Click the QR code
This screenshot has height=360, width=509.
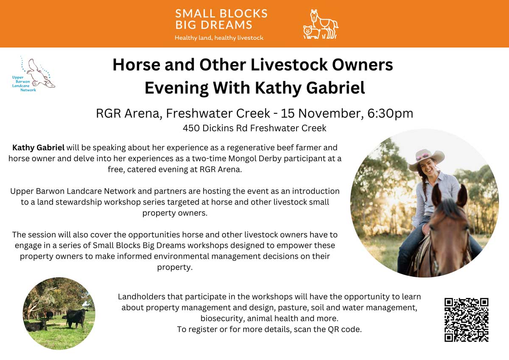467,320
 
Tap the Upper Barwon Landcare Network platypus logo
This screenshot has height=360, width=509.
34,74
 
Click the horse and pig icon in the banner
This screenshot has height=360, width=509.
321,24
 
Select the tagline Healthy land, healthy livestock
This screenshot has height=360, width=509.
219,38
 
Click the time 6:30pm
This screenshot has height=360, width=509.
390,113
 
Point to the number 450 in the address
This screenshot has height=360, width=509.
191,128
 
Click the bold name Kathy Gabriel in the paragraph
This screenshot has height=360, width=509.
39,148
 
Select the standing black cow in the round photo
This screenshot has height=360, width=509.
76,318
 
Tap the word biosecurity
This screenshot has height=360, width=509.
221,318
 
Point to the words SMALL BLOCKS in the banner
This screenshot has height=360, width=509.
221,14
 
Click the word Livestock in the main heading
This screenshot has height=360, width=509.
289,65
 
